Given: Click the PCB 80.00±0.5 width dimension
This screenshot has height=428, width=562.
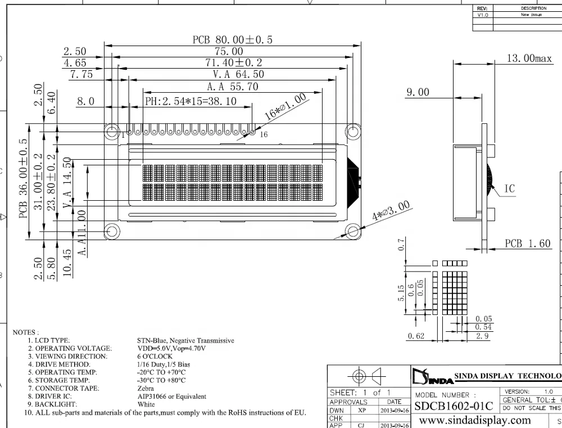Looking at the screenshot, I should pyautogui.click(x=232, y=40).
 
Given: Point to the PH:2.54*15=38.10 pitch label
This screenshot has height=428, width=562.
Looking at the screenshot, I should pyautogui.click(x=191, y=102).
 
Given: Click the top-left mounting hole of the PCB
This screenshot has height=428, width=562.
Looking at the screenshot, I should pyautogui.click(x=111, y=131).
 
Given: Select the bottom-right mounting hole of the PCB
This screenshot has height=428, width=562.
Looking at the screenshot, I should pyautogui.click(x=353, y=231).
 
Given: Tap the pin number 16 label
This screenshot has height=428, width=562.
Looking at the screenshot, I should pyautogui.click(x=264, y=134).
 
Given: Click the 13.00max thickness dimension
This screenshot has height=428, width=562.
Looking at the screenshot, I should pyautogui.click(x=529, y=58).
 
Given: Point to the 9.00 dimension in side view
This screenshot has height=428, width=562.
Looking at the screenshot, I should pyautogui.click(x=417, y=92).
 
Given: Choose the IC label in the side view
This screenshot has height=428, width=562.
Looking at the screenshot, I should pyautogui.click(x=509, y=189).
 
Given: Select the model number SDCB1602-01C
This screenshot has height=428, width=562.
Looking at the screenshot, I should pyautogui.click(x=454, y=406).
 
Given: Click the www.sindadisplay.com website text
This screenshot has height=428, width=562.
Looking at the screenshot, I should pyautogui.click(x=475, y=420).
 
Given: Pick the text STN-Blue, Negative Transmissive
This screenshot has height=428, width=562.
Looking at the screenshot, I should pyautogui.click(x=185, y=341).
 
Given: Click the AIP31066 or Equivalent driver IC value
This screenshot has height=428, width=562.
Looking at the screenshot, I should pyautogui.click(x=171, y=397).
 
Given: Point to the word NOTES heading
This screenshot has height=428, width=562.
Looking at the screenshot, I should pyautogui.click(x=25, y=332).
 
